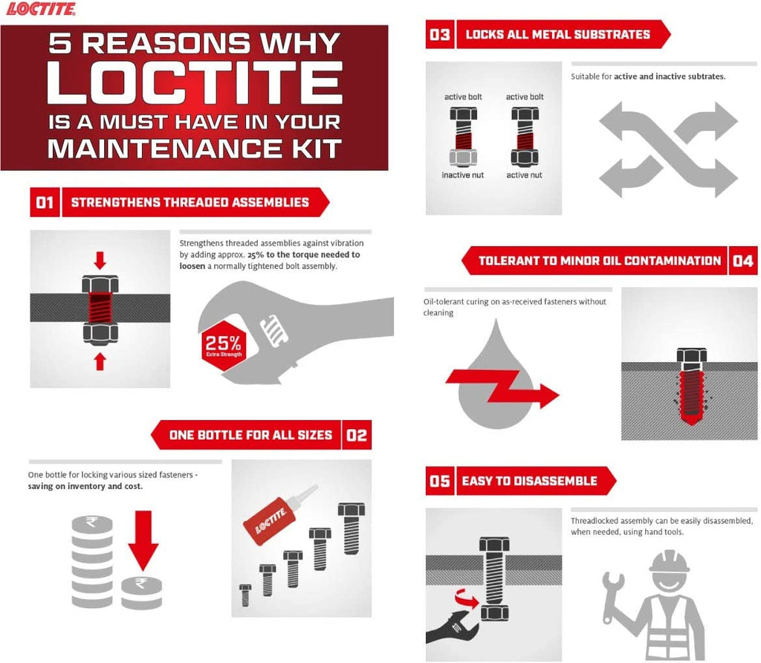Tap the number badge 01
[x=45, y=202]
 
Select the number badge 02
[x=357, y=435]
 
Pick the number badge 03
[x=440, y=34]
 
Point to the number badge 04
[x=742, y=261]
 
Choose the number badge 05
[x=440, y=481]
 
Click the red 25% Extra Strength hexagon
[x=223, y=346]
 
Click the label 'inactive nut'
[x=463, y=175]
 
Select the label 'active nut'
[x=525, y=175]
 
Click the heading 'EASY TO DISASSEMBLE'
[x=529, y=481]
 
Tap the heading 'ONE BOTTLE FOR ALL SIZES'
[x=250, y=435]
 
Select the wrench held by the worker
[x=614, y=598]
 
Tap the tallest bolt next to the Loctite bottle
[x=351, y=529]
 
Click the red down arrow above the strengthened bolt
[x=100, y=259]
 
